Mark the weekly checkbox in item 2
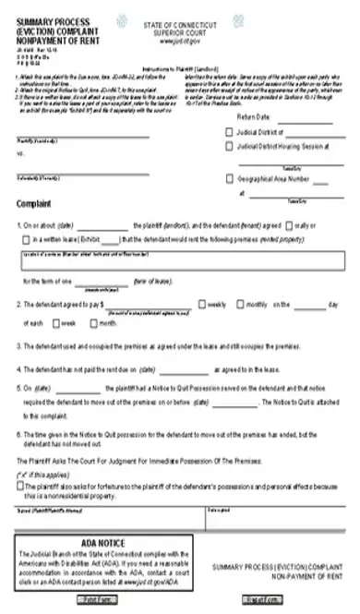pyautogui.click(x=202, y=303)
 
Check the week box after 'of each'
pyautogui.click(x=54, y=323)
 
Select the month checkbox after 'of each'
pyautogui.click(x=92, y=323)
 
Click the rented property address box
pyautogui.click(x=181, y=259)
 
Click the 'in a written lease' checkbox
pyautogui.click(x=22, y=239)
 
